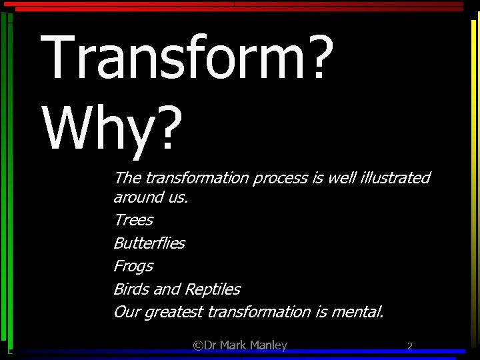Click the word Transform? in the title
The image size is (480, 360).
187,57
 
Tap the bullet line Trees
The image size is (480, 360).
133,220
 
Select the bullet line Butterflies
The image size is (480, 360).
149,243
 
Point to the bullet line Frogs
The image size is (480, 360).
133,266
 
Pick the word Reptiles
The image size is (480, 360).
212,289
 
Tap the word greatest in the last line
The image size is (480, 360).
174,312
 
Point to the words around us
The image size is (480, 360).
151,197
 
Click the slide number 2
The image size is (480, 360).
410,345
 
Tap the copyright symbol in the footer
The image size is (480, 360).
198,345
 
